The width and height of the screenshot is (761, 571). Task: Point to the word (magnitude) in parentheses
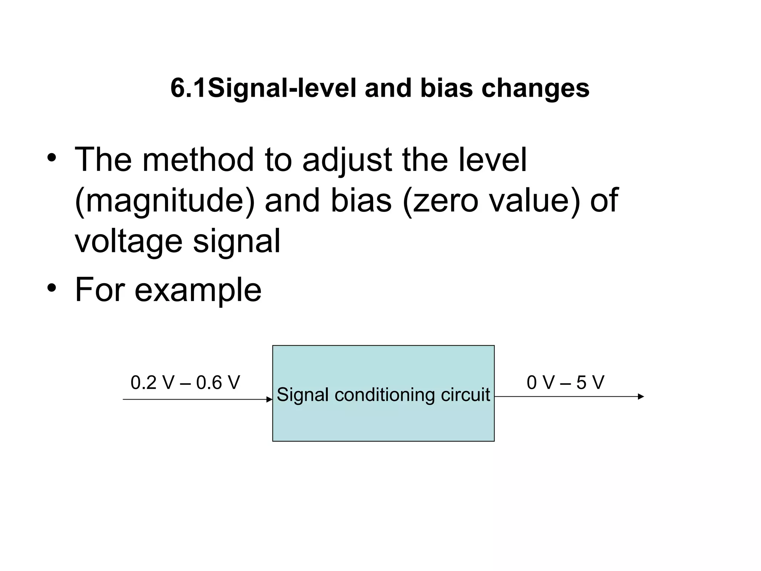point(165,201)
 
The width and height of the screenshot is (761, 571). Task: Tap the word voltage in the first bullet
point(128,241)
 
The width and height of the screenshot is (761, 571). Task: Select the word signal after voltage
point(236,241)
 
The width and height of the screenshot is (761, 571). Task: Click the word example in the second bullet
point(198,290)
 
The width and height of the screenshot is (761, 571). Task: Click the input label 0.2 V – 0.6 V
point(185,383)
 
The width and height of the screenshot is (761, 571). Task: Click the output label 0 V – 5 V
point(565,383)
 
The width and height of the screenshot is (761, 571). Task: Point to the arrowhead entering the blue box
point(270,400)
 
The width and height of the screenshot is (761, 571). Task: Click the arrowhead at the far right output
point(641,397)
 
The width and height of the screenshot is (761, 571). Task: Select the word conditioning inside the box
point(384,394)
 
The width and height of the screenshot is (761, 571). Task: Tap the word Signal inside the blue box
point(303,394)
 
